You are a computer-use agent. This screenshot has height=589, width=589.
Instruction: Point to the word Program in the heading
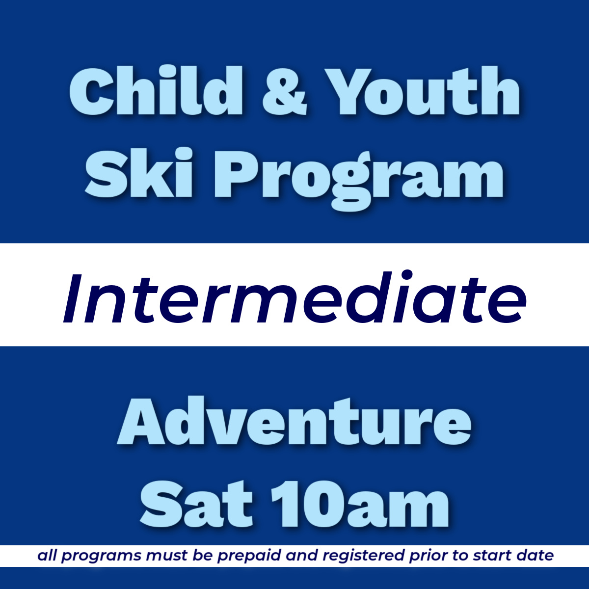pyautogui.click(x=358, y=177)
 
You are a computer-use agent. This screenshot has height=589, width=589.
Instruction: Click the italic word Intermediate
pyautogui.click(x=294, y=299)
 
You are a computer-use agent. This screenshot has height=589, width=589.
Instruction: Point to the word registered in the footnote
pyautogui.click(x=364, y=557)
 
